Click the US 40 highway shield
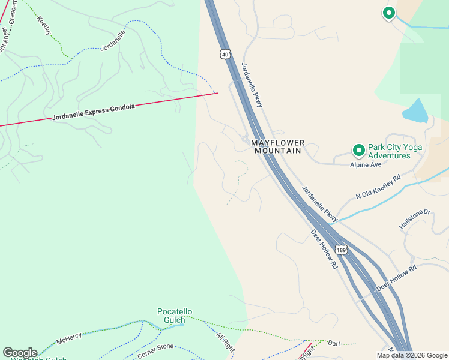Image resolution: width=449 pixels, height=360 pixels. tap(224, 54)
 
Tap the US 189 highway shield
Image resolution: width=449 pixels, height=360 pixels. tap(341, 250)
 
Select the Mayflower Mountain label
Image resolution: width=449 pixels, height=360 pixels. tap(277, 146)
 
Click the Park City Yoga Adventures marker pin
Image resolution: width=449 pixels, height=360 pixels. tap(358, 150)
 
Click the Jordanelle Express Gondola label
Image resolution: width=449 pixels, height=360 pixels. tap(94, 112)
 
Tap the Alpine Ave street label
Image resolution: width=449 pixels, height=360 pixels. tap(366, 165)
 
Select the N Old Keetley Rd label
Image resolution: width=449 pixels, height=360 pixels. tap(378, 187)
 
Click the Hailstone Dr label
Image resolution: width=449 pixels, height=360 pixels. tap(415, 219)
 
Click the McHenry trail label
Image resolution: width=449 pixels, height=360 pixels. tap(69, 340)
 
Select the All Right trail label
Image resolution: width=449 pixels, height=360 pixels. tap(225, 343)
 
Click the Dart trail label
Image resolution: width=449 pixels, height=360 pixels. tap(334, 343)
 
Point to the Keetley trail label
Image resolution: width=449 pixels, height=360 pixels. tap(44, 25)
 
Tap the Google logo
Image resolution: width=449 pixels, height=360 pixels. tap(20, 353)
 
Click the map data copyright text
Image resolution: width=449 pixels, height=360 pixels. tap(411, 355)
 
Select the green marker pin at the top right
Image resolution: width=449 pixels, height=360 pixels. tap(388, 13)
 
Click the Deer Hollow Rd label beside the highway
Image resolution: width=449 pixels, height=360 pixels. tap(325, 249)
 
